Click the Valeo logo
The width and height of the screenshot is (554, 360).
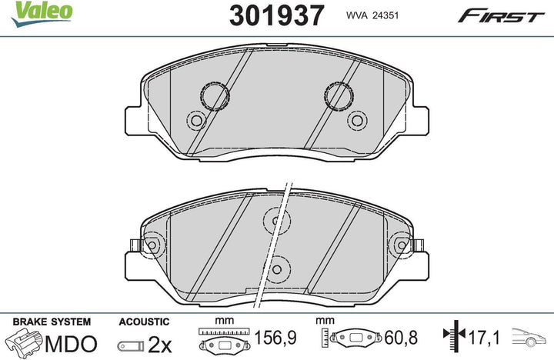tap(42, 13)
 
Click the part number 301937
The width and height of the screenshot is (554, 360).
tap(276, 15)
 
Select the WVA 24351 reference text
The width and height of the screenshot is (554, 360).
tap(372, 15)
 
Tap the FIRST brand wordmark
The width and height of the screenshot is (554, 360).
tap(501, 16)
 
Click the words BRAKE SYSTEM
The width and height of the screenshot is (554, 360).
tap(52, 322)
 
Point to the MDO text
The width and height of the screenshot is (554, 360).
tap(71, 344)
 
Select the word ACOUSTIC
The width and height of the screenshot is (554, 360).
tap(144, 322)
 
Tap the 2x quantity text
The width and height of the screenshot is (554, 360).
tap(159, 345)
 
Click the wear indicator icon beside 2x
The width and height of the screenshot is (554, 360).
tap(131, 345)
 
